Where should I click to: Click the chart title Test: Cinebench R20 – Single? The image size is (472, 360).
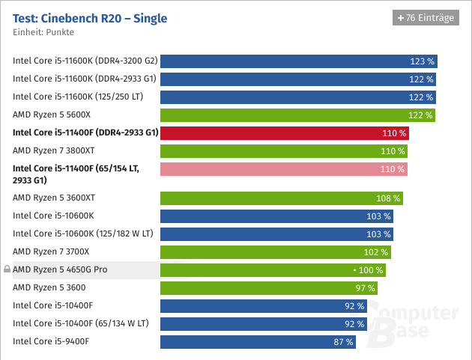click(x=90, y=17)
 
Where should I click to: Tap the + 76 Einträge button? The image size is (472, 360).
click(x=425, y=18)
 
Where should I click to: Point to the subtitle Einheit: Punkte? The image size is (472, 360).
click(x=43, y=33)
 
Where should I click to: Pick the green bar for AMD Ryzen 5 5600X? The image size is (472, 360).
click(x=298, y=115)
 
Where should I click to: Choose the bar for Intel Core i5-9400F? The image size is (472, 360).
click(x=258, y=341)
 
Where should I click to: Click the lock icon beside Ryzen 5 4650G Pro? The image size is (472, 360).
click(x=7, y=269)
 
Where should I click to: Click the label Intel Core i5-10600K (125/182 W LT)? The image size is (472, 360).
click(x=81, y=234)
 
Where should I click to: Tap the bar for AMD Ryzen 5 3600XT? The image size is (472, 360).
click(x=282, y=198)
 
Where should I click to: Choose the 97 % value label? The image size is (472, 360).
click(x=365, y=288)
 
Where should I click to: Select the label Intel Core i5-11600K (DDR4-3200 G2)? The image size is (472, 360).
click(x=85, y=61)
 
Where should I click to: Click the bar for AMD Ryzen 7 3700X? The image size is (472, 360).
click(x=275, y=252)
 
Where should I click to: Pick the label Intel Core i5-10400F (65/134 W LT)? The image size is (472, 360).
click(x=81, y=323)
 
